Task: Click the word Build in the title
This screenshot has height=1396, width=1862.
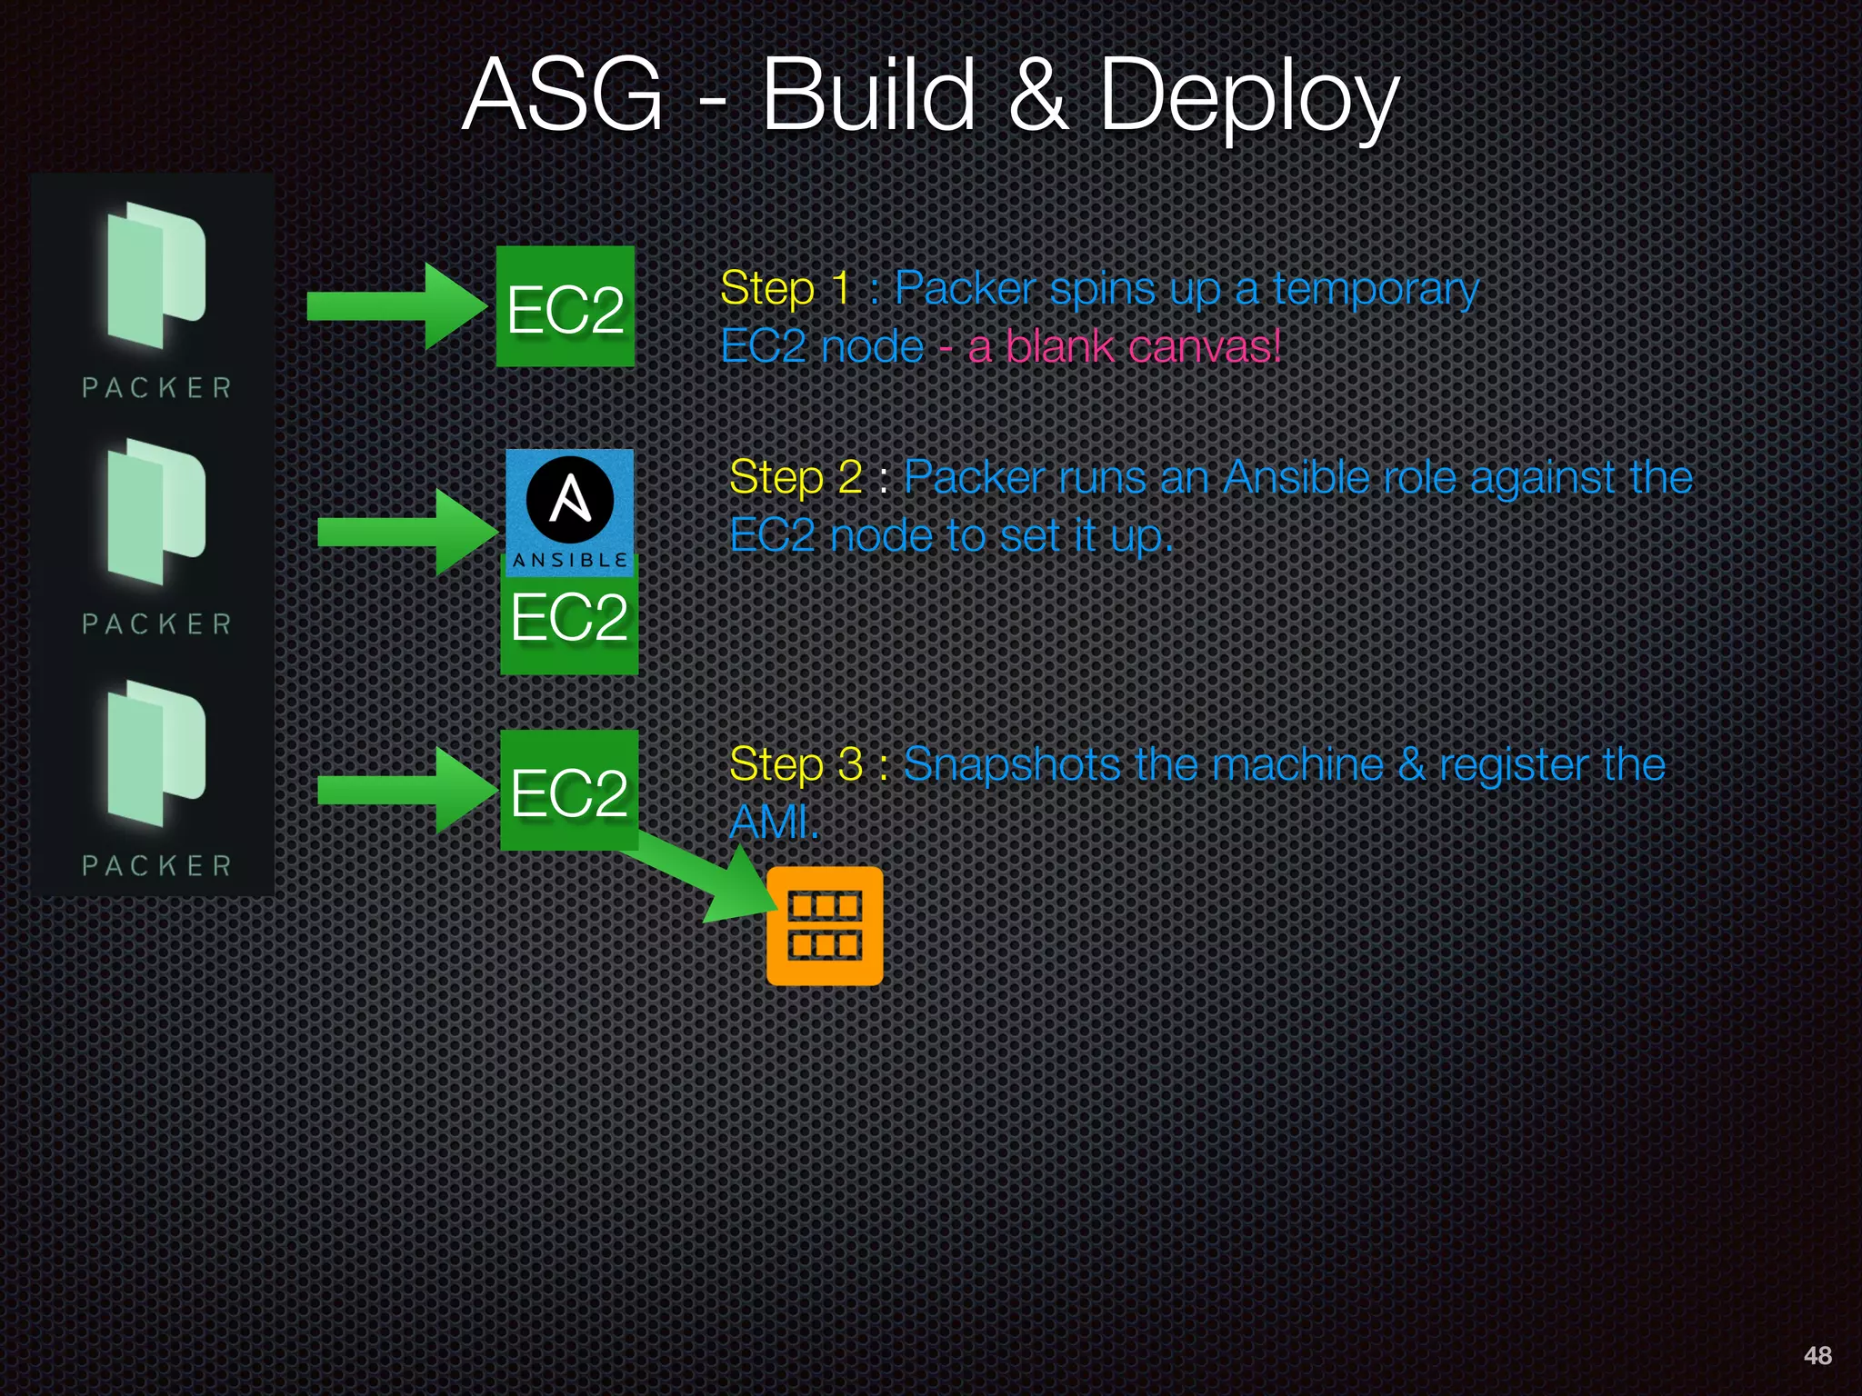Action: coord(868,95)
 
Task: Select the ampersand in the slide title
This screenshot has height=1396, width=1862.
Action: coord(1037,95)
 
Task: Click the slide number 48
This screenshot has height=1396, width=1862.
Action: coord(1817,1355)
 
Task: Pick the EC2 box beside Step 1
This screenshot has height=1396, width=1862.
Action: coord(565,307)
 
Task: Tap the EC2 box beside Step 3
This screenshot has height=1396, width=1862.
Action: coord(569,791)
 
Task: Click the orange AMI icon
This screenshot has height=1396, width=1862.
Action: coord(825,926)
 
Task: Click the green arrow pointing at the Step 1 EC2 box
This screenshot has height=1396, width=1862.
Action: coord(395,306)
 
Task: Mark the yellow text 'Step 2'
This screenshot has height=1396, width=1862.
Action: coord(796,478)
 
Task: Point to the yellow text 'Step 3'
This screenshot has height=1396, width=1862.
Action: coord(796,764)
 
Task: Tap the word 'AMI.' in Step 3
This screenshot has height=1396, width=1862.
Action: coord(774,823)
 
